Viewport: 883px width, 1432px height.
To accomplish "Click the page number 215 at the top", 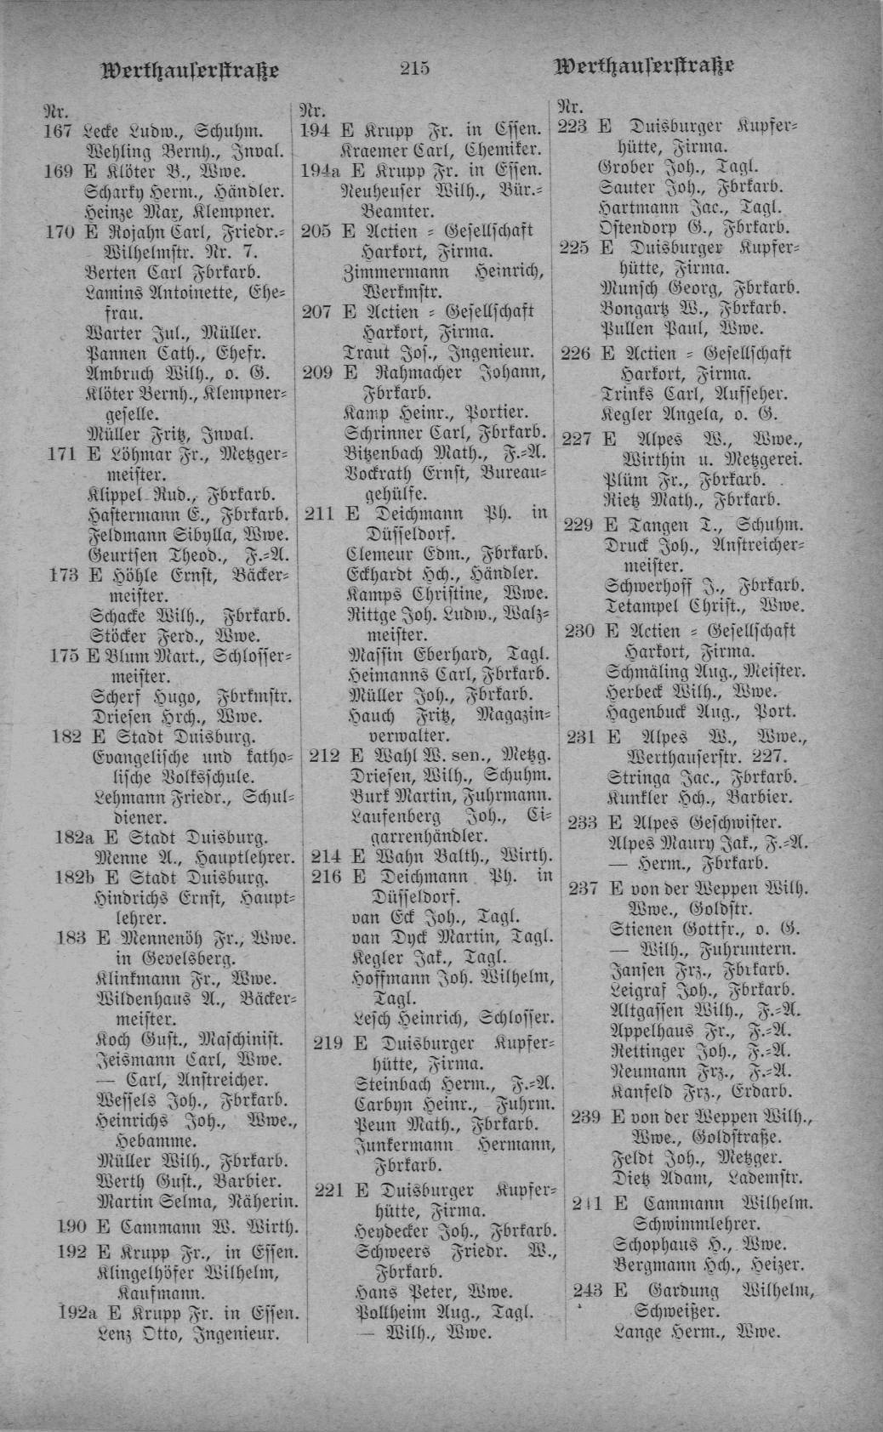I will pos(415,68).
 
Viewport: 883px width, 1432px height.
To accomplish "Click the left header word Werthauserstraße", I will pos(190,69).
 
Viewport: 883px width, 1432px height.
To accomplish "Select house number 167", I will pos(59,132).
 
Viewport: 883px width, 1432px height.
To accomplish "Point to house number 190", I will pos(72,1227).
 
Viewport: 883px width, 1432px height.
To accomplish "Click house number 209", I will pos(317,373).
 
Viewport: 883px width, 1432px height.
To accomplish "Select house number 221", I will pos(328,1190).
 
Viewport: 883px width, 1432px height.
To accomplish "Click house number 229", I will pos(578,525).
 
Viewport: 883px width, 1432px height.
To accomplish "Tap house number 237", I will pos(584,889).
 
